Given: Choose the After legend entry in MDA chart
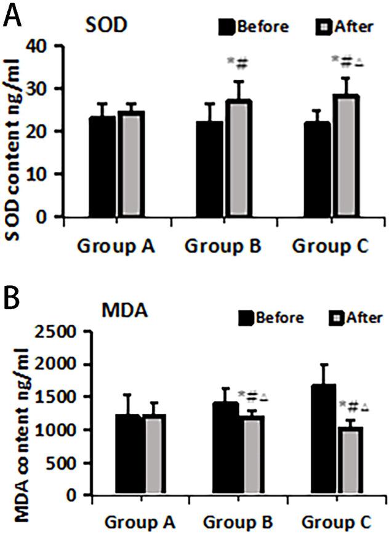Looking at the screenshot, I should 354,317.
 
